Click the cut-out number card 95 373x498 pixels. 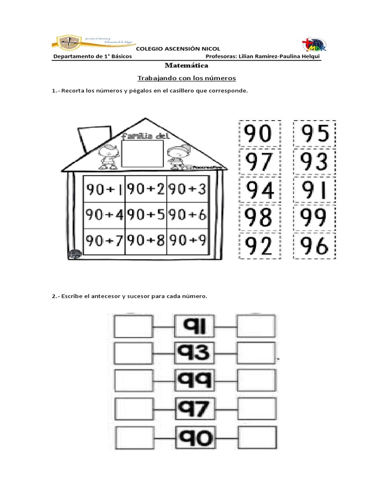pos(314,133)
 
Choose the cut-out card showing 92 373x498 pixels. pos(259,247)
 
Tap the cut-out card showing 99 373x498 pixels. pos(314,218)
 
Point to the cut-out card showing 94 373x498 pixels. pos(259,190)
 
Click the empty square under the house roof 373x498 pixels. pos(142,153)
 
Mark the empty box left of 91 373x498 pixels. pos(133,326)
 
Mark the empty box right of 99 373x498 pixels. pos(256,380)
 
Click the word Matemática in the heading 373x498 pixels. pos(186,65)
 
